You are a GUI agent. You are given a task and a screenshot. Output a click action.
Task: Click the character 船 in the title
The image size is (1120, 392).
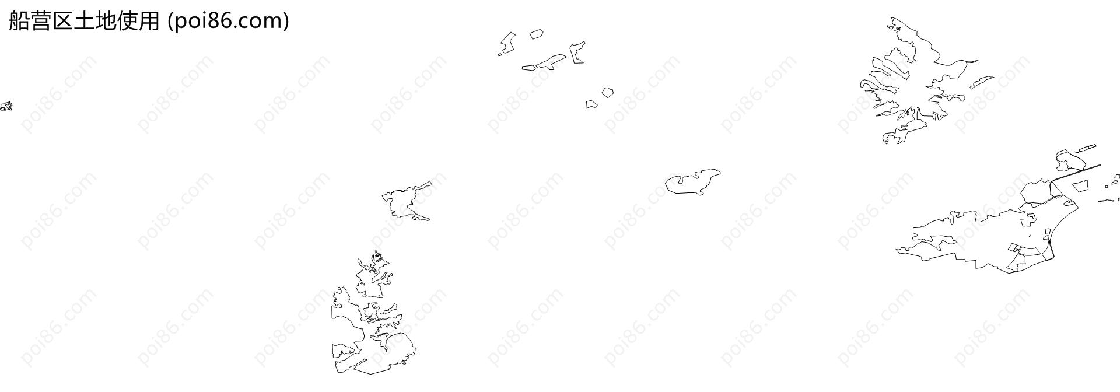(x=19, y=21)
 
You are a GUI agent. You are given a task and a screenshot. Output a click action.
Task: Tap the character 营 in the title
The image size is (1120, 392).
(x=41, y=21)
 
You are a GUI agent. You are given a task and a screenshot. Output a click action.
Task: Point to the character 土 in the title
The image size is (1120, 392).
(x=84, y=21)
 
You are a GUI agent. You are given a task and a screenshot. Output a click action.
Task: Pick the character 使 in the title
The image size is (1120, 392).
(x=127, y=21)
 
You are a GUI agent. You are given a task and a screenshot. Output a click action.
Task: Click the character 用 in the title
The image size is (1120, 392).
(x=149, y=21)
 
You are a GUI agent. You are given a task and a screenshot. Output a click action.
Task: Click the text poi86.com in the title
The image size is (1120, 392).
(x=228, y=22)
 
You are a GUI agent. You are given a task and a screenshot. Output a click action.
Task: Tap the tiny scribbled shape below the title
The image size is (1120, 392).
(x=6, y=106)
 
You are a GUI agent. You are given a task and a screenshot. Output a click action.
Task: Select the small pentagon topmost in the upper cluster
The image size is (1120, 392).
(x=536, y=34)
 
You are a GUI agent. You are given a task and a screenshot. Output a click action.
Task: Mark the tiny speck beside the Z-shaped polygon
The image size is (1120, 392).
(x=499, y=55)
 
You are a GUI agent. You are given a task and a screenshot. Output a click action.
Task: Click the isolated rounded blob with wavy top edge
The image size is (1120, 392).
(x=692, y=181)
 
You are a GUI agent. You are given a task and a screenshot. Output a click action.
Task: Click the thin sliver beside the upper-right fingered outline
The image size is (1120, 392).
(x=982, y=82)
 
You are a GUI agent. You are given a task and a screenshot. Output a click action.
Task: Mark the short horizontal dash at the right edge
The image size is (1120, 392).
(x=1106, y=201)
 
